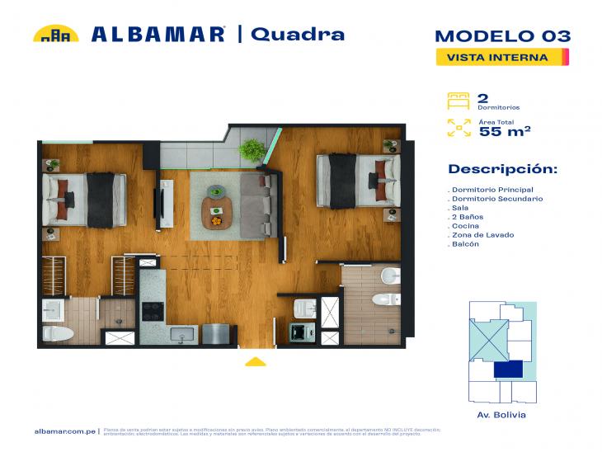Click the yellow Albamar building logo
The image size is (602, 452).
pos(55,34)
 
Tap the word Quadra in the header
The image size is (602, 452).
pos(297,34)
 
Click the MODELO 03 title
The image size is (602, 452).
pos(501,35)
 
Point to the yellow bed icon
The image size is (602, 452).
pos(458,101)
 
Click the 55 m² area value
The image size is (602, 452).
pos(504,130)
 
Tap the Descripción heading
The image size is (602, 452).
pos(502,169)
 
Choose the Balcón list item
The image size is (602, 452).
pos(466,244)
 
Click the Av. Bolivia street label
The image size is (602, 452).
pos(501,415)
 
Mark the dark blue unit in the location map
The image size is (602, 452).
pos(508,370)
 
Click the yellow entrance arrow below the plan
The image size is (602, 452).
pos(256,360)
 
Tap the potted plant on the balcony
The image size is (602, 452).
pos(252,149)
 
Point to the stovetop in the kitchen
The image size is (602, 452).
pos(153,312)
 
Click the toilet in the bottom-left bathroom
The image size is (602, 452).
pos(58,333)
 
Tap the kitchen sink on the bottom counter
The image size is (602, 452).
pos(181,333)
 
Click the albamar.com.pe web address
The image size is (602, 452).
pos(66,431)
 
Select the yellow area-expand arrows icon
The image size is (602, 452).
pos(458,128)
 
